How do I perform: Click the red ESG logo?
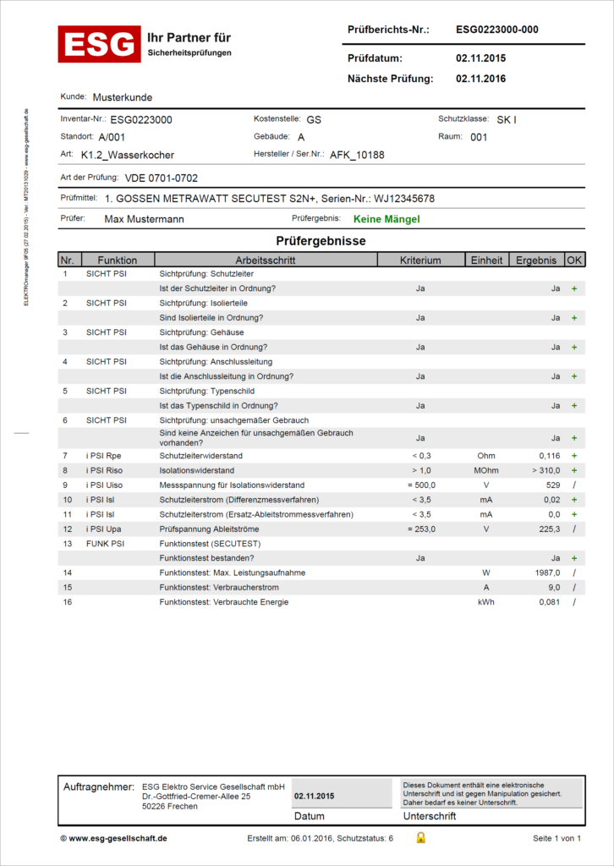pyautogui.click(x=99, y=44)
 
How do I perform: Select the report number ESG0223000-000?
pyautogui.click(x=496, y=30)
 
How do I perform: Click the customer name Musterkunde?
pyautogui.click(x=123, y=97)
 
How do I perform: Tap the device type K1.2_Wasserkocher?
pyautogui.click(x=128, y=156)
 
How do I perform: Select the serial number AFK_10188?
pyautogui.click(x=357, y=156)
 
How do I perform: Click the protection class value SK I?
pyautogui.click(x=507, y=119)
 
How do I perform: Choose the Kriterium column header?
pyautogui.click(x=420, y=260)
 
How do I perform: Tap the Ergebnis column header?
pyautogui.click(x=536, y=260)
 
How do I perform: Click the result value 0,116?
pyautogui.click(x=549, y=456)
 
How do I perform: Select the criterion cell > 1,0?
pyautogui.click(x=420, y=470)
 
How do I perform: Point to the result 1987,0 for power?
pyautogui.click(x=545, y=573)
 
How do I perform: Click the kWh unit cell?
pyautogui.click(x=485, y=602)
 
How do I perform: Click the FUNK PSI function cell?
pyautogui.click(x=106, y=544)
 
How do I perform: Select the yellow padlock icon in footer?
pyautogui.click(x=420, y=838)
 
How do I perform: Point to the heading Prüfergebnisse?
pyautogui.click(x=321, y=241)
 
